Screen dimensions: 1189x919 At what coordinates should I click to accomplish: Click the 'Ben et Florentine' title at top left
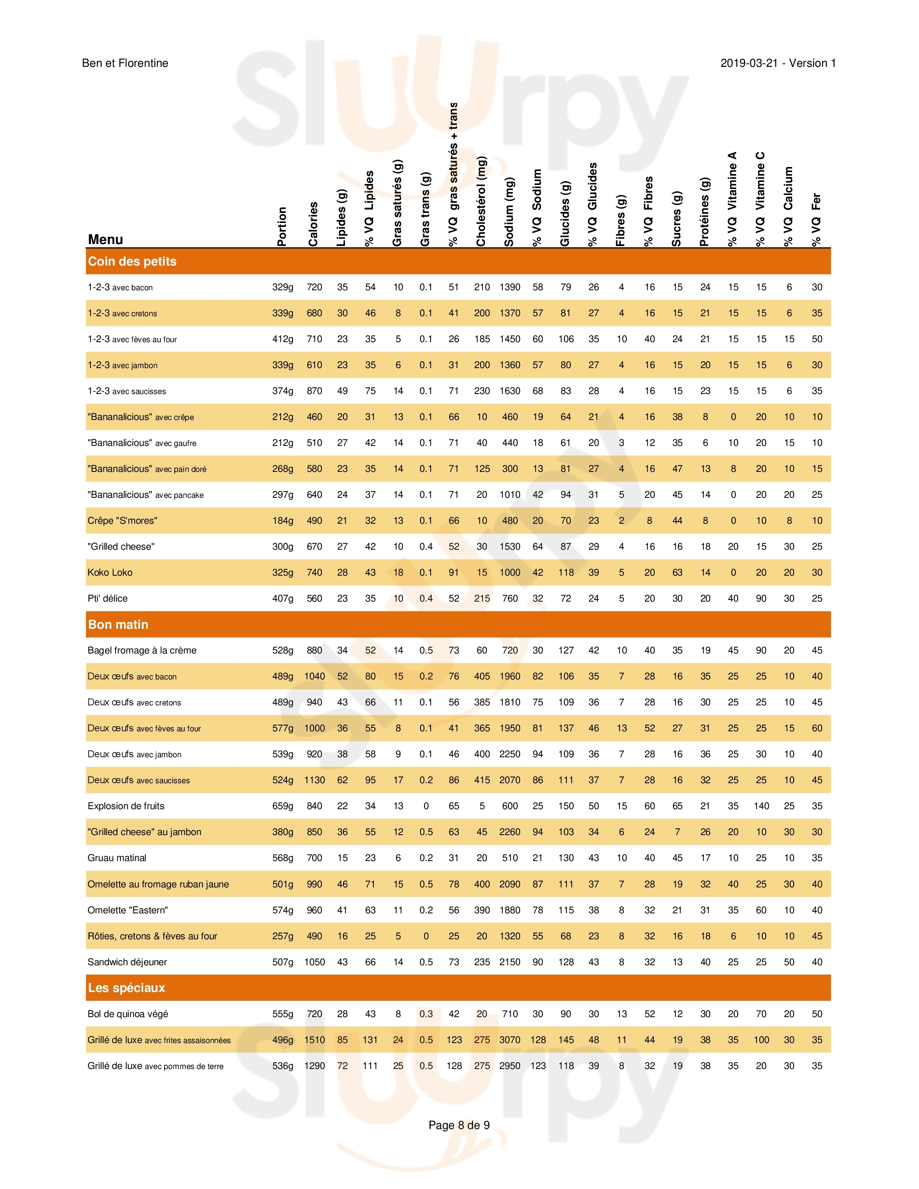(x=125, y=63)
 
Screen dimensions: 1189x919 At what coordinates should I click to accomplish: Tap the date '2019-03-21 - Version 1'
(x=778, y=63)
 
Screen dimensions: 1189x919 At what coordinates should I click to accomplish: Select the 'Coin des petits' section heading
(x=132, y=261)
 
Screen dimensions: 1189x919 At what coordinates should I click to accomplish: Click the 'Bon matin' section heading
(x=118, y=624)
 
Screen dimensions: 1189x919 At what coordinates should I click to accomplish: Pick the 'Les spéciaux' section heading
(x=126, y=988)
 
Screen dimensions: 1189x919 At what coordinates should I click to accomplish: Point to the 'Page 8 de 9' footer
(x=459, y=1125)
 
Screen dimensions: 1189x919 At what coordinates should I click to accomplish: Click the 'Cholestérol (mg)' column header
(x=481, y=201)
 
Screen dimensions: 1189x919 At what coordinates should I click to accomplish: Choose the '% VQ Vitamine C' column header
(x=760, y=199)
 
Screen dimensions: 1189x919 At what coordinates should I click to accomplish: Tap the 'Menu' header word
(x=106, y=240)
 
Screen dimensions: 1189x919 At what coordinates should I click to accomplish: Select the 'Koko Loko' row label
(x=110, y=572)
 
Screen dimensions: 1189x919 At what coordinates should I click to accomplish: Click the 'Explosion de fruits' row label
(x=126, y=806)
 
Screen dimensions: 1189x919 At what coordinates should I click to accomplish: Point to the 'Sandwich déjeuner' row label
(x=127, y=962)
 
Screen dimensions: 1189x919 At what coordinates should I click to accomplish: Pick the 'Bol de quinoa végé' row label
(x=128, y=1014)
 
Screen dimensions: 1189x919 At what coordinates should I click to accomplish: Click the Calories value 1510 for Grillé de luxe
(x=314, y=1040)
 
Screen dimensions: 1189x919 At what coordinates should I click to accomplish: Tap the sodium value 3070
(x=510, y=1040)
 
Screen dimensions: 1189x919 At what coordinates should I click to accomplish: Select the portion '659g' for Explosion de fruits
(x=283, y=806)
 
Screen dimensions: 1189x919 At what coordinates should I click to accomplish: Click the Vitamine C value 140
(x=761, y=806)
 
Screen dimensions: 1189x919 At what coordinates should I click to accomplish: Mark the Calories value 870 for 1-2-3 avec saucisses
(x=314, y=391)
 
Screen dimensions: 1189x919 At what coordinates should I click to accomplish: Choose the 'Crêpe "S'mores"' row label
(x=122, y=521)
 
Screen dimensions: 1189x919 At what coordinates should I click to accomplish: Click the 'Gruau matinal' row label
(x=117, y=858)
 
